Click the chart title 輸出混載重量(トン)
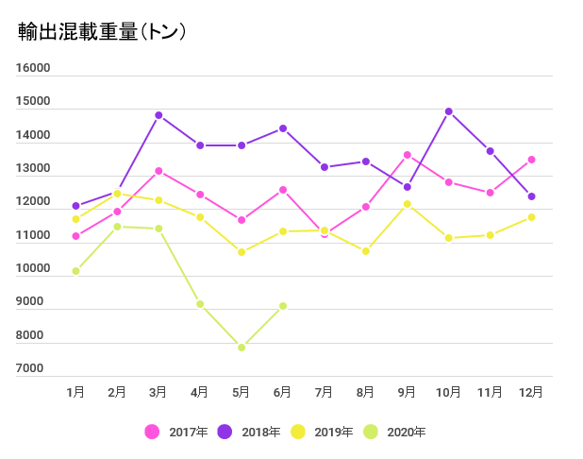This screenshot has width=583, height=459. coord(102,31)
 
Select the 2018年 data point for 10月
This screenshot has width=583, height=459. coord(449,111)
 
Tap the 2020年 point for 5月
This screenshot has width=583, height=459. coord(242,348)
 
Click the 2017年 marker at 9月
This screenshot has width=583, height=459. coord(408,155)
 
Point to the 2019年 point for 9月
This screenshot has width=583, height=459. coord(408,204)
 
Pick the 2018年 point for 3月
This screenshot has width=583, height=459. coord(158,115)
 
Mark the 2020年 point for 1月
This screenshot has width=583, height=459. coord(75,271)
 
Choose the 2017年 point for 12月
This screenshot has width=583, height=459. coord(532,160)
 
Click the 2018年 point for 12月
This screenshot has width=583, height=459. coord(532,196)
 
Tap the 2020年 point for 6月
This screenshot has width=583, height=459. coord(283,306)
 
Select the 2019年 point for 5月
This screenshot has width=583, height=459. coord(242,252)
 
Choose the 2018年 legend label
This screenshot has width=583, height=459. coord(261,432)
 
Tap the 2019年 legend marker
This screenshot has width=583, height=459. coord(298,432)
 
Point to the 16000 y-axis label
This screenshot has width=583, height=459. coord(33,68)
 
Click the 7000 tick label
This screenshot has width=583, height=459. coord(29,368)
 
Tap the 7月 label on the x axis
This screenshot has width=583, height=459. coord(324,392)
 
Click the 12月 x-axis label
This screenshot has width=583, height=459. coord(531,392)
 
